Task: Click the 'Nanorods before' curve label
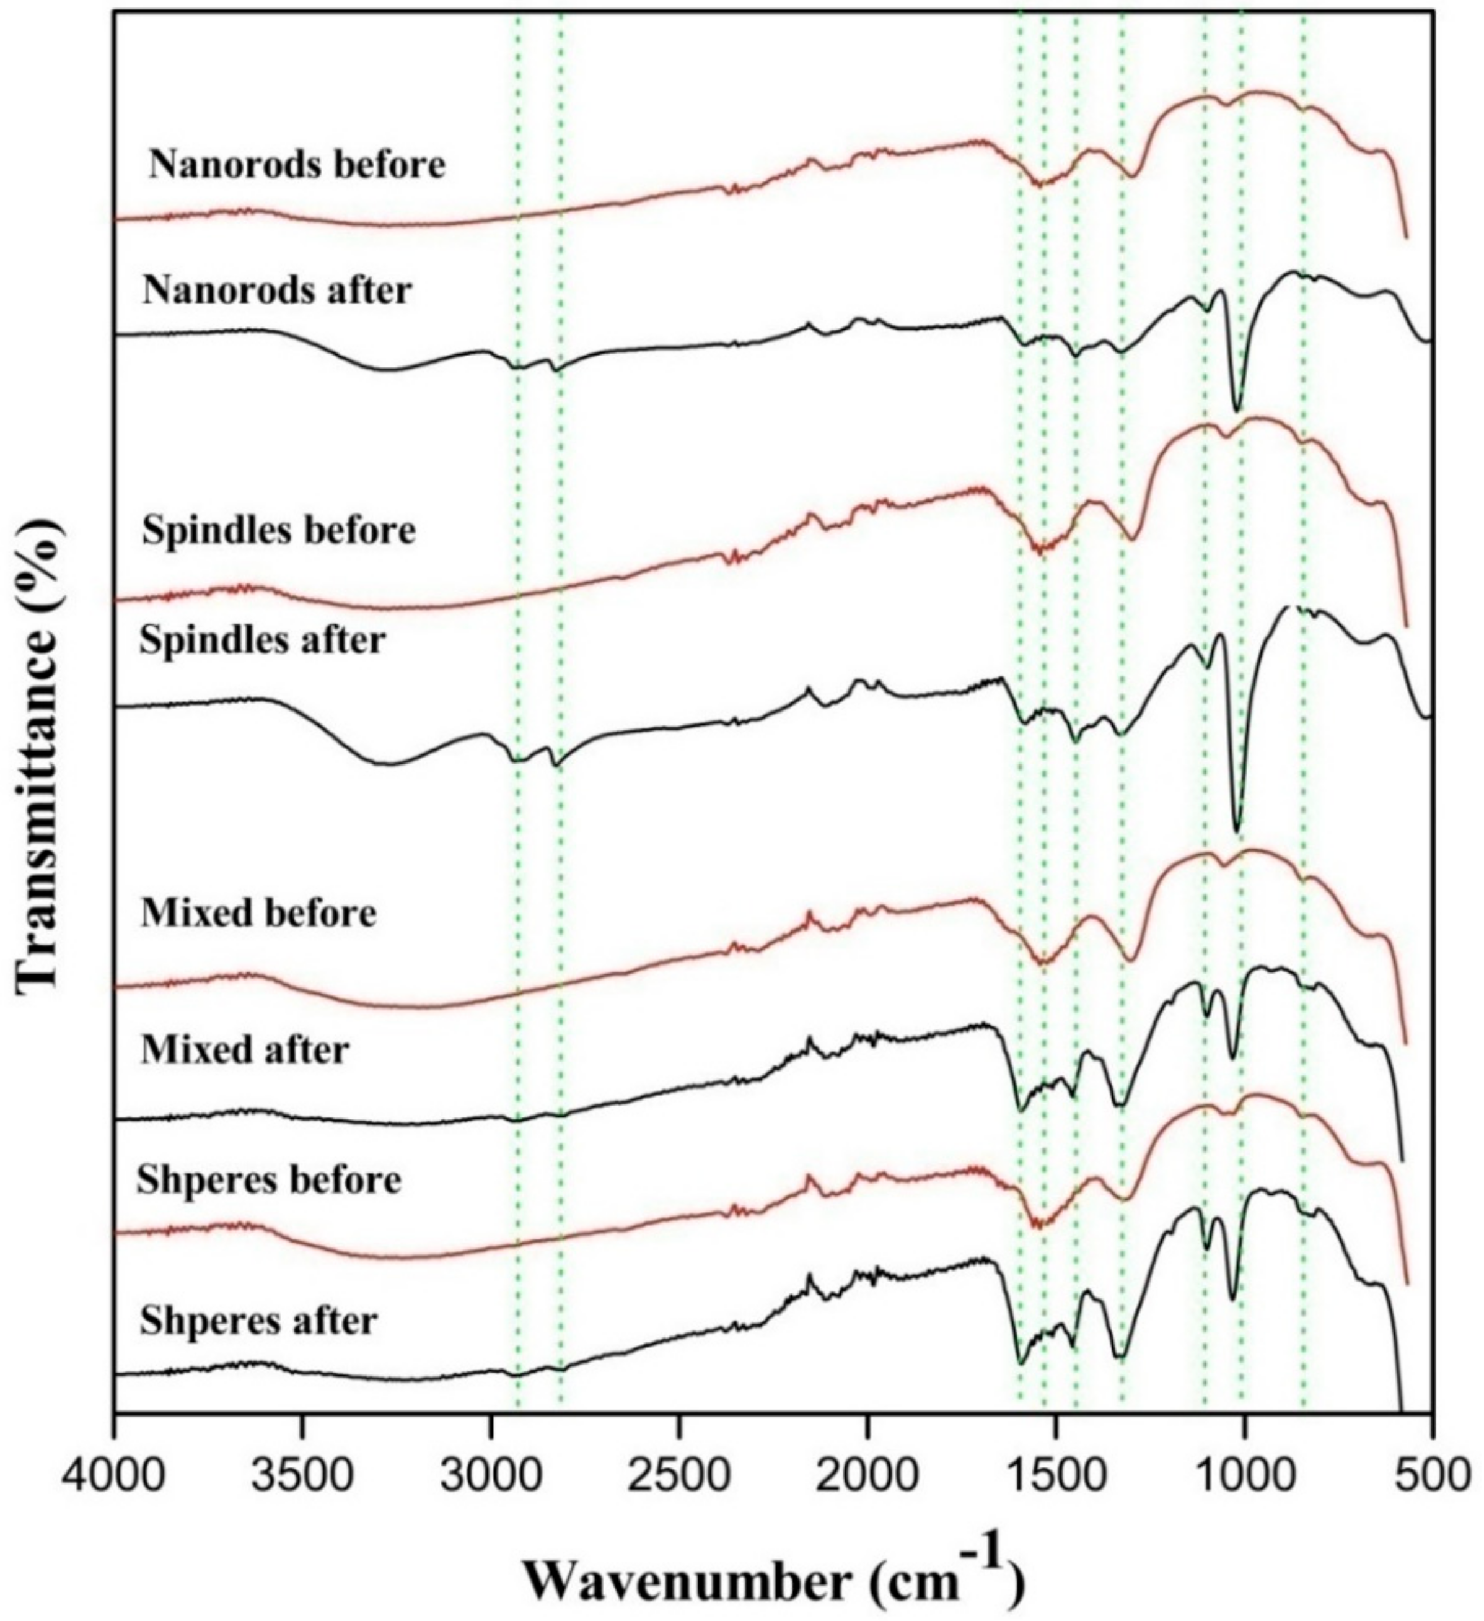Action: tap(297, 165)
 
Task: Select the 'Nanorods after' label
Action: tap(277, 291)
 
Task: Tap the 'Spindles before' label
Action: tap(278, 531)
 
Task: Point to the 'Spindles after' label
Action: tap(262, 641)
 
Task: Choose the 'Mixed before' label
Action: tap(258, 914)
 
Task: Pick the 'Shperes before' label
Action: tap(269, 1181)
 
